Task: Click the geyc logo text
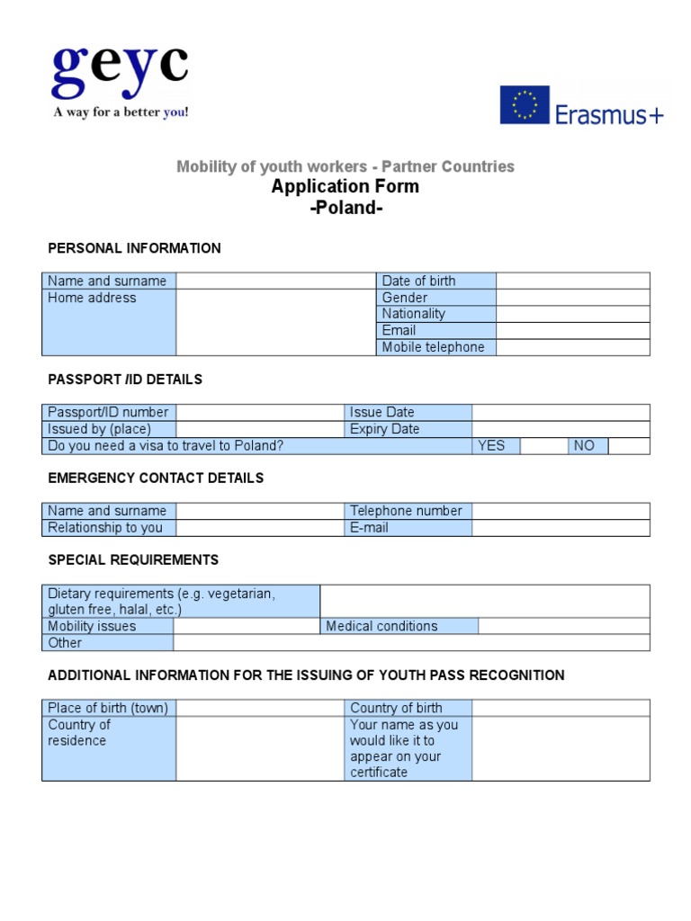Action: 120,71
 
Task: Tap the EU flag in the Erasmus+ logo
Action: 525,105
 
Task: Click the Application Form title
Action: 345,187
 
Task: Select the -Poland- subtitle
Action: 345,209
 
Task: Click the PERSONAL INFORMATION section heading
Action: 134,248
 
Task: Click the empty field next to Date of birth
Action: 572,282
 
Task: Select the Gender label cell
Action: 436,298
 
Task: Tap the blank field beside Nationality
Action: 572,314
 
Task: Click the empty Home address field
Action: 275,322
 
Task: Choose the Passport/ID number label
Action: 109,413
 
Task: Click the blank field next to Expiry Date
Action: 560,429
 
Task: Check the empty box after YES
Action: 543,446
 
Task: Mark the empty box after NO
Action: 628,446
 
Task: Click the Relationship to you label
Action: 109,528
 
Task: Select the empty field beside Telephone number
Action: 560,511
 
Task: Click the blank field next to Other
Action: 410,643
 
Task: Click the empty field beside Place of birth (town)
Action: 260,708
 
